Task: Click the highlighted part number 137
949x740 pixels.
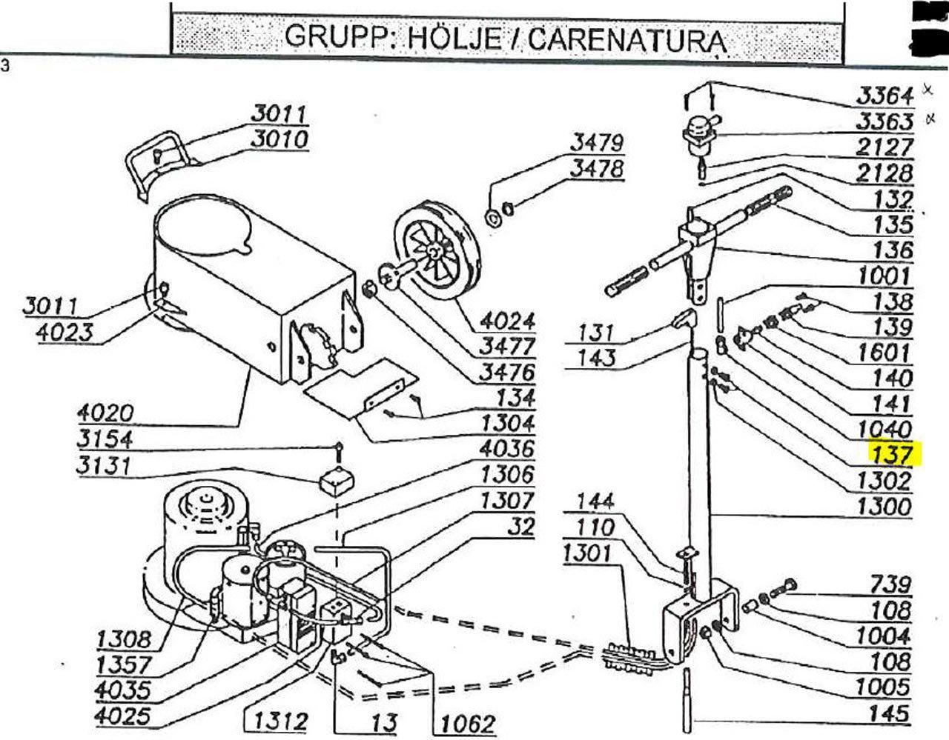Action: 895,453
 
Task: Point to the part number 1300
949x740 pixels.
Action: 884,507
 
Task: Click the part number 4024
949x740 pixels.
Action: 507,321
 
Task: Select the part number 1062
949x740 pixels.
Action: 464,721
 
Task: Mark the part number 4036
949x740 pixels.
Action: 506,448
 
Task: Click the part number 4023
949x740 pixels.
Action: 65,332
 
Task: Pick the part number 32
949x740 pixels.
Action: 520,527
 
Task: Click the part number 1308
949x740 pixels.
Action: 124,639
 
